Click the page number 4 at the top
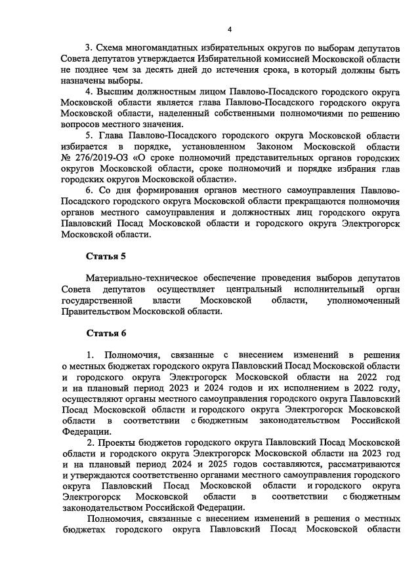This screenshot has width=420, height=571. click(230, 30)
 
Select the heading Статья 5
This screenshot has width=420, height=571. click(106, 256)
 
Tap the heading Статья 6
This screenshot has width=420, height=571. click(106, 333)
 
